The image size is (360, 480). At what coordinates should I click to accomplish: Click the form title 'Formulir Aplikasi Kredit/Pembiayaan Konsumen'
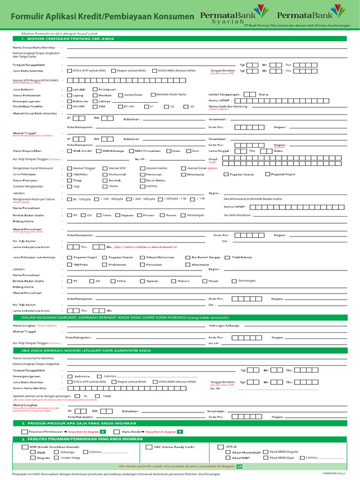point(102,17)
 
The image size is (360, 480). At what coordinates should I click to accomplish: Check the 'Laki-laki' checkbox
point(70,89)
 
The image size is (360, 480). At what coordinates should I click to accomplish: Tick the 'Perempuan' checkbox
point(96,89)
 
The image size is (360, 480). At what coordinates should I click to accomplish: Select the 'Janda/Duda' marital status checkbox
point(120,95)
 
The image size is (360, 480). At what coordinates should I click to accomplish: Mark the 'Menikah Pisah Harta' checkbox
point(153,95)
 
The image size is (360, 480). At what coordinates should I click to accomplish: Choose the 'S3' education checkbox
point(186,106)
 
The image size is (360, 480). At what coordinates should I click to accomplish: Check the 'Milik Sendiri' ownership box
point(70,151)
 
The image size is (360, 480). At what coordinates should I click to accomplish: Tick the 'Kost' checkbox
point(188,151)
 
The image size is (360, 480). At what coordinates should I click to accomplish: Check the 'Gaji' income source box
point(70,186)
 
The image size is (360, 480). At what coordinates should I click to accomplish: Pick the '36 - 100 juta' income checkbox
point(70,199)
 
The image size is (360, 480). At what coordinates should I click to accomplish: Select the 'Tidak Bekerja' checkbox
point(227,257)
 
